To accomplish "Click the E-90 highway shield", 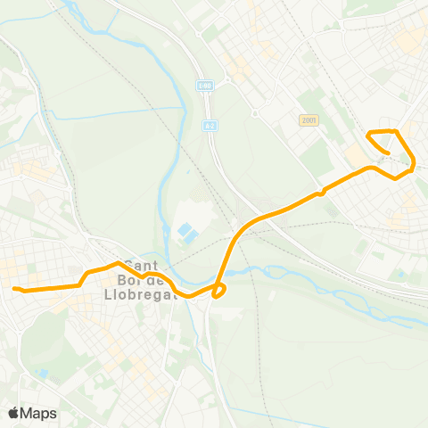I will click(x=206, y=86).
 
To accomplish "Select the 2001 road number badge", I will click(x=309, y=120).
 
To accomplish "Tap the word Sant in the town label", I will click(x=142, y=265).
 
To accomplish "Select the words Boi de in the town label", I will click(x=143, y=278).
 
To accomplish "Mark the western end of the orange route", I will click(x=13, y=288).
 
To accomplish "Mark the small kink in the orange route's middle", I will click(x=318, y=192).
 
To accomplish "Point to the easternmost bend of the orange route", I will click(x=414, y=163).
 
